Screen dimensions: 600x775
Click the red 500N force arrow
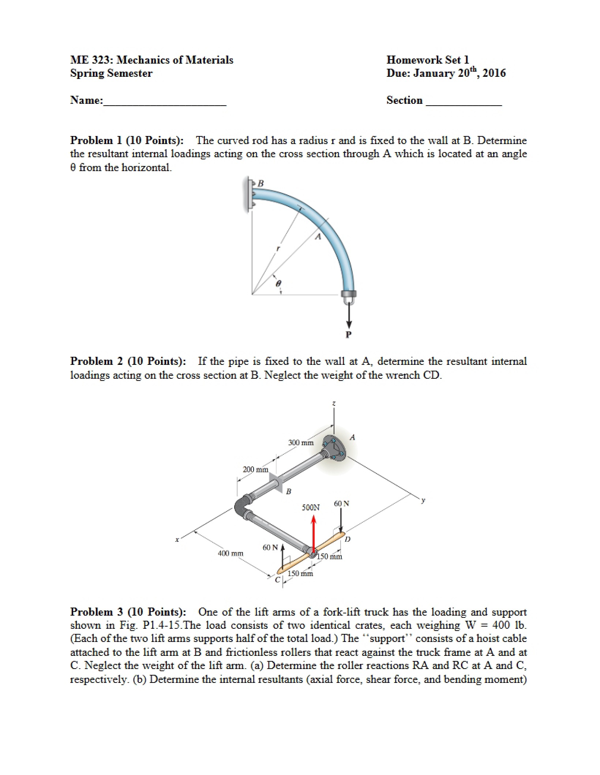313,534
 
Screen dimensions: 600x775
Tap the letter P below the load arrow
348,334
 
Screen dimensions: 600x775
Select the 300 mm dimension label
301,443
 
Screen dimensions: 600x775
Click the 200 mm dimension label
256,469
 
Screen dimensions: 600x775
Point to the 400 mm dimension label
230,563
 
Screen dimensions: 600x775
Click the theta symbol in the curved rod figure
278,283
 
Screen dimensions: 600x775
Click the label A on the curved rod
318,237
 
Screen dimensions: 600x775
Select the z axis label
333,403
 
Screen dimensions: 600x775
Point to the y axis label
423,500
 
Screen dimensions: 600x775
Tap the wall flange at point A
334,449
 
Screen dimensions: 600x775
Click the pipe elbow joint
243,506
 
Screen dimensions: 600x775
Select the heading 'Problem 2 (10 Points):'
128,361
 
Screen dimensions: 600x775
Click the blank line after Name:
165,105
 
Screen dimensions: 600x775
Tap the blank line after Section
464,105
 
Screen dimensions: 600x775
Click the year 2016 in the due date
494,73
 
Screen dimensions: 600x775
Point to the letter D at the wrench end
348,539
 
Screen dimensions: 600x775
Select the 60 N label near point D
342,503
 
